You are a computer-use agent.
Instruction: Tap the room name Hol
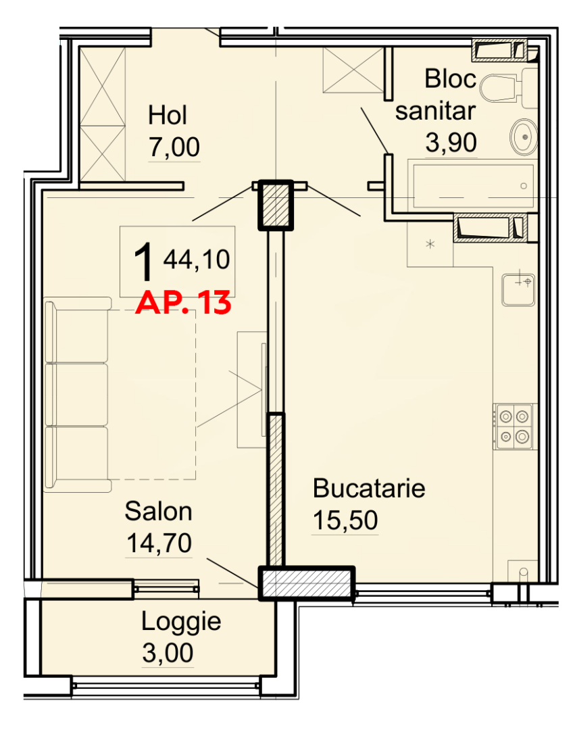(x=167, y=116)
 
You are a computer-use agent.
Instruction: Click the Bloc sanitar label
(x=437, y=95)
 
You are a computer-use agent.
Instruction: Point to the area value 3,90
(x=451, y=142)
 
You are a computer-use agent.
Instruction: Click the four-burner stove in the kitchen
(x=514, y=426)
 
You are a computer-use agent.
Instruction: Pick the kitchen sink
(x=518, y=289)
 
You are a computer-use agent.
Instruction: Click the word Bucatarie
(x=369, y=488)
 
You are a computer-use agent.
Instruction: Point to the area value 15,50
(x=345, y=520)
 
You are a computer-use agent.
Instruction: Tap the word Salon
(x=158, y=512)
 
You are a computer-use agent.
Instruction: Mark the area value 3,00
(x=168, y=653)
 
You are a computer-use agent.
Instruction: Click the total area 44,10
(x=196, y=260)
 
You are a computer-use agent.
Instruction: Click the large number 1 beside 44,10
(x=143, y=262)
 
